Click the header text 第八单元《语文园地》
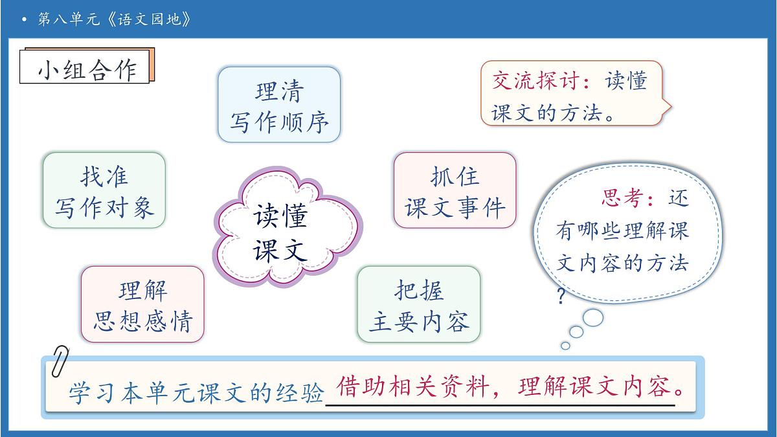pos(115,19)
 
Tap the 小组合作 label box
pos(87,68)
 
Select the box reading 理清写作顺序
pos(278,105)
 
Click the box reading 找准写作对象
pos(104,190)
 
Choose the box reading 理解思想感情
pos(142,304)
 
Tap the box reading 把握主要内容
pos(419,304)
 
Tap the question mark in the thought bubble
pos(561,297)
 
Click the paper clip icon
pos(60,361)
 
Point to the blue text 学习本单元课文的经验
pos(196,393)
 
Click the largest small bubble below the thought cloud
pos(593,317)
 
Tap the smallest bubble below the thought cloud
pos(565,346)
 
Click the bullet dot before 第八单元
pos(24,19)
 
